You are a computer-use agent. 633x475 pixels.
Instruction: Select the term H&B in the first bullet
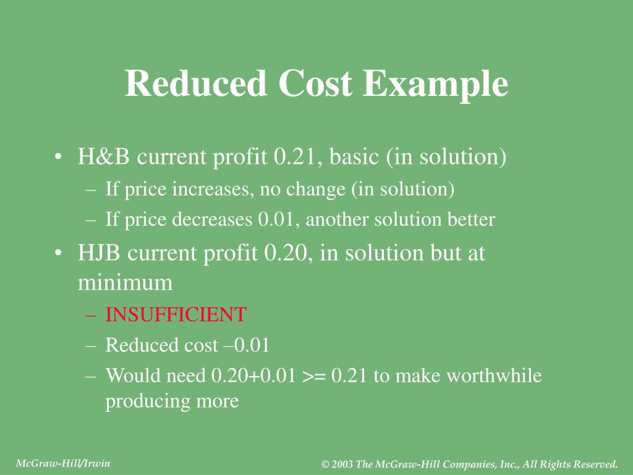[104, 157]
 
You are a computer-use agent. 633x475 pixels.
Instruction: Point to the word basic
[354, 157]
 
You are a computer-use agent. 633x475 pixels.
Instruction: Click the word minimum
[125, 283]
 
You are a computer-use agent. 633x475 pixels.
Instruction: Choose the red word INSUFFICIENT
[176, 315]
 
